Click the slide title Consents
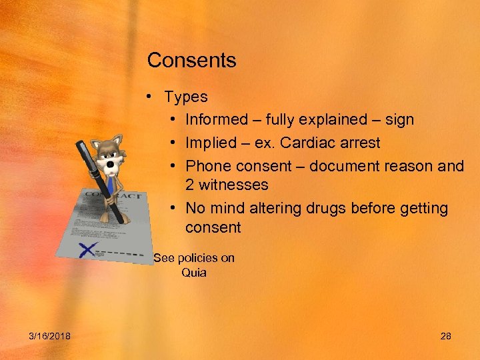[191, 61]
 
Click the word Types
[186, 97]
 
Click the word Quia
[194, 272]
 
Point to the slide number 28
[446, 336]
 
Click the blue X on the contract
[86, 250]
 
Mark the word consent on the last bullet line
[213, 227]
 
